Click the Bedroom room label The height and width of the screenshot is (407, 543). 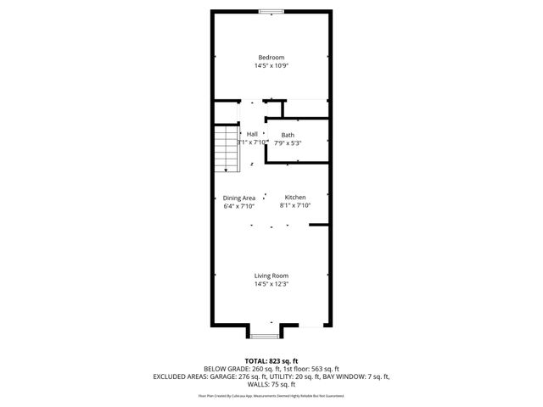[x=271, y=58]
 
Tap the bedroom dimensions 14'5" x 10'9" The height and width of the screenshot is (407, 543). [x=271, y=66]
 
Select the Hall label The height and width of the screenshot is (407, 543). [x=252, y=135]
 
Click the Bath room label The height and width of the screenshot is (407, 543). [x=288, y=135]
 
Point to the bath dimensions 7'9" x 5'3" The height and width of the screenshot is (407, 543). [x=288, y=143]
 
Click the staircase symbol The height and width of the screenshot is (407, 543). [x=225, y=149]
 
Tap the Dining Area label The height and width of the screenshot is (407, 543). [x=239, y=198]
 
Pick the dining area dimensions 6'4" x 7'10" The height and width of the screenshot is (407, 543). [x=239, y=206]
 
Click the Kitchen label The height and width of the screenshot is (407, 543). [x=295, y=198]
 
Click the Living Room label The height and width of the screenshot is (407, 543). [x=271, y=276]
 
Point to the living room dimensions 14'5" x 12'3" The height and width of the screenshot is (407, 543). [x=271, y=284]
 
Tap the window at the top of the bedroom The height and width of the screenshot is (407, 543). [x=271, y=10]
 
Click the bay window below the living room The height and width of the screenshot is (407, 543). [x=265, y=336]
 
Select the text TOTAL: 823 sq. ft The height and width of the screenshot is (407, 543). [x=271, y=361]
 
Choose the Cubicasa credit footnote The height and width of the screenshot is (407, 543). [x=271, y=395]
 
